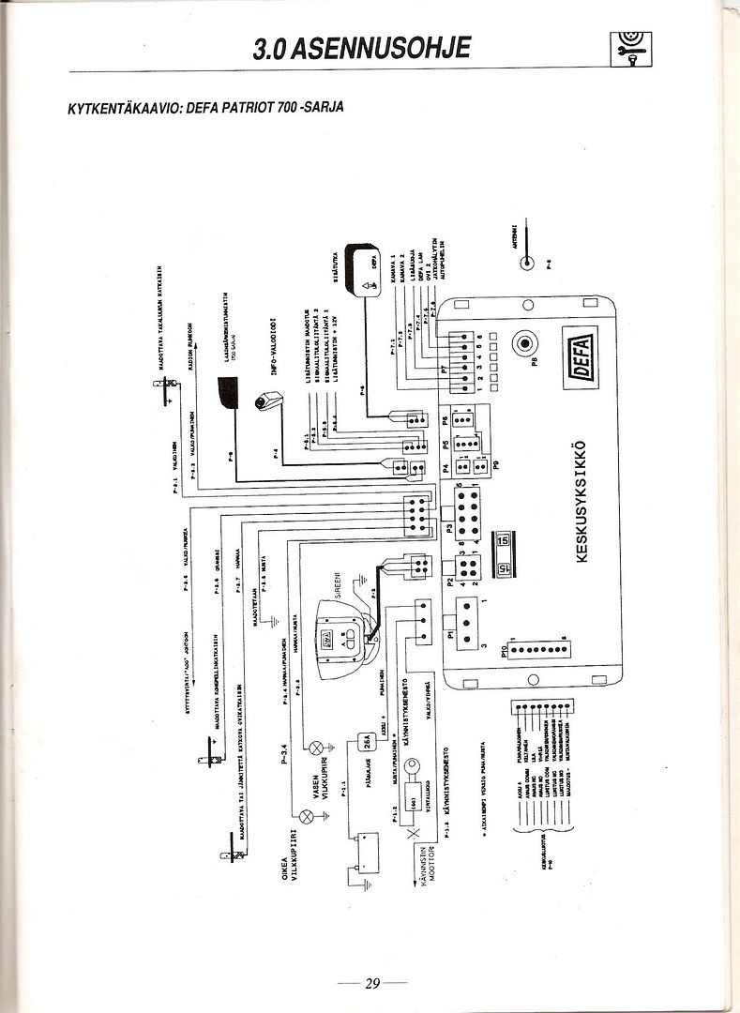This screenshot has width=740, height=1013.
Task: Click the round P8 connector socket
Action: (521, 343)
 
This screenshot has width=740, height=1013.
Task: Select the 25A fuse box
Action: (370, 742)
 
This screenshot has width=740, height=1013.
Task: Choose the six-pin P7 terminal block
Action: (465, 358)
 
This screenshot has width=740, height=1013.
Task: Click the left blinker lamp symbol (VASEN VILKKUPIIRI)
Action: (316, 748)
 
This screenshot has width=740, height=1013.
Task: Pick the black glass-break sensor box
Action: (227, 390)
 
